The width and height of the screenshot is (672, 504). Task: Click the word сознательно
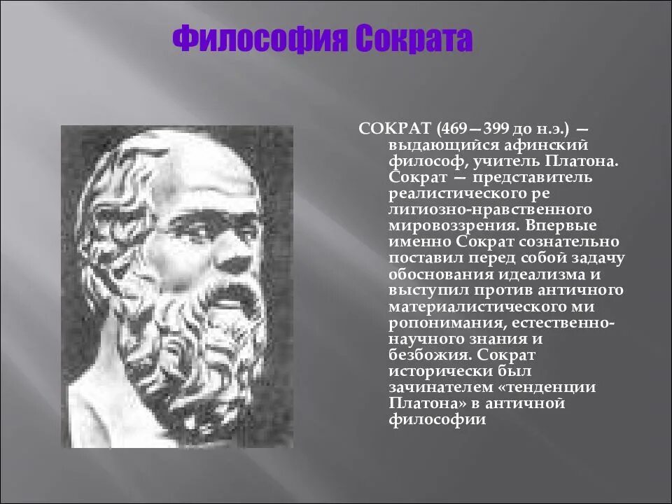click(x=569, y=242)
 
